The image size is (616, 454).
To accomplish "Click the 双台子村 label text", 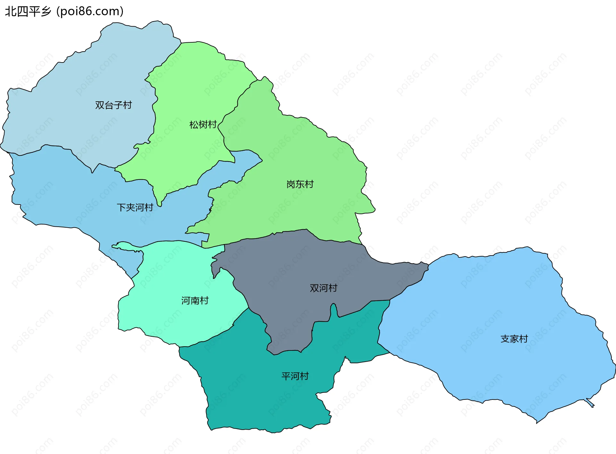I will (x=113, y=105).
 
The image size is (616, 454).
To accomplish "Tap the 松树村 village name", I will (x=203, y=124).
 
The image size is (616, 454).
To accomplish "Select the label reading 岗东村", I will (x=300, y=184).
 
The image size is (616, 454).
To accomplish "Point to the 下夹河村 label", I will (x=135, y=207).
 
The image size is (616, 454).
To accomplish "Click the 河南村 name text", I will (x=195, y=301).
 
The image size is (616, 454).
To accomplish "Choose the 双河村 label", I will (x=323, y=288).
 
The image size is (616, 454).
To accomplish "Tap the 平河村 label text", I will (x=295, y=376).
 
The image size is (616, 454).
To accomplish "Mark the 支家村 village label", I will (x=514, y=339).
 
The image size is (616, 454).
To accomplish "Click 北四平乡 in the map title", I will (x=28, y=12).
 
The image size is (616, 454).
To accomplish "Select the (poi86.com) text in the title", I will (x=90, y=12).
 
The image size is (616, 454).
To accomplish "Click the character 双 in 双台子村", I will (x=100, y=105).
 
